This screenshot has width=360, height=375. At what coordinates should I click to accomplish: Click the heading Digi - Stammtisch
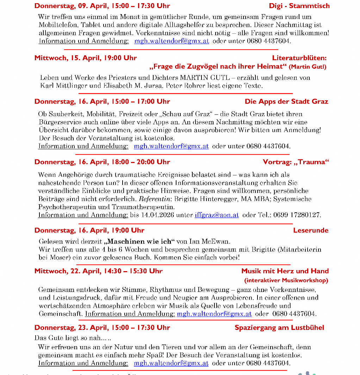pos(299,6)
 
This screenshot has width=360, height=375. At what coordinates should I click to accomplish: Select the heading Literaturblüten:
pos(299,58)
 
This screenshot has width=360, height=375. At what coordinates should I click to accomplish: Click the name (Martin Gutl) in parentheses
pos(307,67)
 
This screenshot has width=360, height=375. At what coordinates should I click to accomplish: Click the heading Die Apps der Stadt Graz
pos(286,101)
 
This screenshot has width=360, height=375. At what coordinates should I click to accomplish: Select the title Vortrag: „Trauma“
pos(296,162)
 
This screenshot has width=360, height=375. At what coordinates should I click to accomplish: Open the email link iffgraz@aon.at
pos(217,215)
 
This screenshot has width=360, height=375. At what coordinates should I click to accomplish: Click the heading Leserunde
pos(310,230)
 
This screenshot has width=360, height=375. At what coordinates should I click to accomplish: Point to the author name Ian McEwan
pos(209,242)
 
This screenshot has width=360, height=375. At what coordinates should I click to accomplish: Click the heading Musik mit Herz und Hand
pos(285,271)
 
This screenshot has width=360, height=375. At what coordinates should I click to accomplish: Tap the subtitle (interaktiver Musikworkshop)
pos(286,280)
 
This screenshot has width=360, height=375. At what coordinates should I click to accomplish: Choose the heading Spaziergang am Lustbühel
pos(279,327)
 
